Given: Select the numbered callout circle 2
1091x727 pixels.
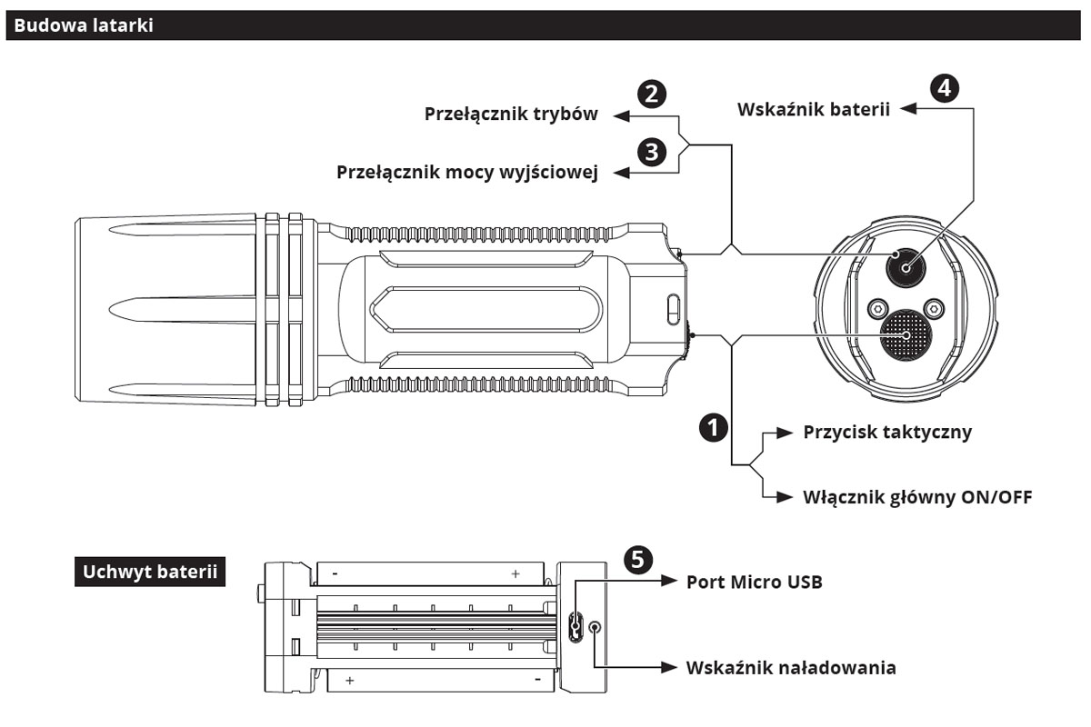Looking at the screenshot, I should (651, 93).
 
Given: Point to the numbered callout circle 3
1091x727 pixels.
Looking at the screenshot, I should (651, 151).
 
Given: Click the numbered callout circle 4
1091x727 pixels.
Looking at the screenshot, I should (945, 88).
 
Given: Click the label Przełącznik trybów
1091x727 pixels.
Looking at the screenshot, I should (511, 115).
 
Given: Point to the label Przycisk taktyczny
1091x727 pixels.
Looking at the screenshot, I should (887, 432).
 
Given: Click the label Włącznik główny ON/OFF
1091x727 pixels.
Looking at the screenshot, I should (917, 497).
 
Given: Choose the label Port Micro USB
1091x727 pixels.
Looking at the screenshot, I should (754, 582).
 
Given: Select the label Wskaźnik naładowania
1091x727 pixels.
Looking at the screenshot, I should (790, 668).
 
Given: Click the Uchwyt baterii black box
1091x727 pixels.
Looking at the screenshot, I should (149, 573).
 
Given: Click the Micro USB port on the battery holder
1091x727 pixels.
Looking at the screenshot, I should (575, 625).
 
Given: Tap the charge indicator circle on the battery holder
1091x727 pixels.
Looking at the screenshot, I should (596, 626).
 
